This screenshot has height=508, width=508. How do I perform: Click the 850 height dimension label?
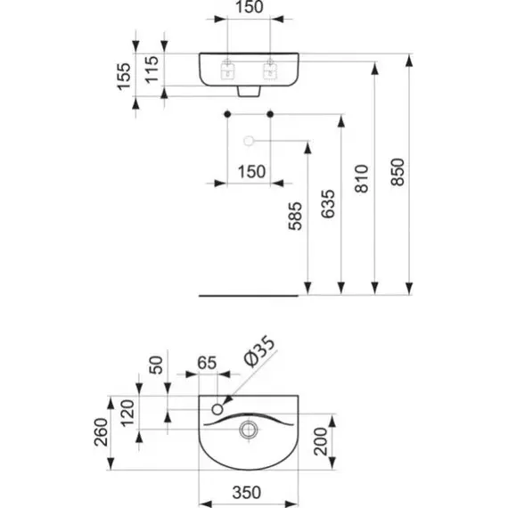point(397,172)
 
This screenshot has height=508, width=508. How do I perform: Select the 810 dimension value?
point(362,179)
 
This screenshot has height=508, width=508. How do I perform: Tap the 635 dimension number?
point(328,204)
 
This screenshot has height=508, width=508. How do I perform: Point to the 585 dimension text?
point(295,216)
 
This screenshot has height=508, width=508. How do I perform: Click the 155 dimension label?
point(124,77)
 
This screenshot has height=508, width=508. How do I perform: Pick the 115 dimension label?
point(152,70)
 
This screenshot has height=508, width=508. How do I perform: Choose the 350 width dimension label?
point(247,493)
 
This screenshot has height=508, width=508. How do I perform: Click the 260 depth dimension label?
point(101,432)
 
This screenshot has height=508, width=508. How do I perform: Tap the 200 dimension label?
point(321,441)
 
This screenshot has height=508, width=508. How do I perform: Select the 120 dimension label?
point(127,414)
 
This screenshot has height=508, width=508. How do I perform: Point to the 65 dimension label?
point(207,363)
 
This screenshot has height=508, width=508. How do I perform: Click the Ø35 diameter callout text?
point(260,351)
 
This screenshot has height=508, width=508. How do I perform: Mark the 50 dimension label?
point(157,365)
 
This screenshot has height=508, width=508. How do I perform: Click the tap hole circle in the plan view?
point(217,409)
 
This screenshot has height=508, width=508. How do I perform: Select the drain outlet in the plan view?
point(249,430)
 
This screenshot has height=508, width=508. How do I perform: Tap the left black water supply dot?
point(227,114)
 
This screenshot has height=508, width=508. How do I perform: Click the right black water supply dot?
point(270,114)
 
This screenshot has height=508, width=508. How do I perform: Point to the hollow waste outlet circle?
point(249,141)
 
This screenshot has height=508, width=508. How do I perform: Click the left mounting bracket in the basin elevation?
point(227,71)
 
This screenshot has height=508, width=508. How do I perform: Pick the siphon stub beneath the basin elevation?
point(250,92)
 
